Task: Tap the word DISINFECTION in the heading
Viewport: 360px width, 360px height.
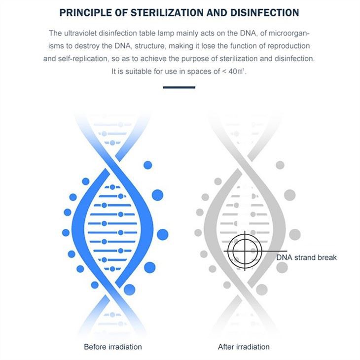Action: pyautogui.click(x=262, y=12)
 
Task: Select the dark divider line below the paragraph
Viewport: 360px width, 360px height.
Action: pyautogui.click(x=179, y=87)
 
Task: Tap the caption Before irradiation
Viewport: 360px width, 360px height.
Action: pyautogui.click(x=113, y=347)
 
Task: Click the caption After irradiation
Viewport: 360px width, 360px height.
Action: pyautogui.click(x=244, y=347)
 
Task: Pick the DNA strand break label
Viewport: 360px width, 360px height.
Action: pyautogui.click(x=306, y=257)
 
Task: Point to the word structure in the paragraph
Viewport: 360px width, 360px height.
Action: pyautogui.click(x=129, y=46)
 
